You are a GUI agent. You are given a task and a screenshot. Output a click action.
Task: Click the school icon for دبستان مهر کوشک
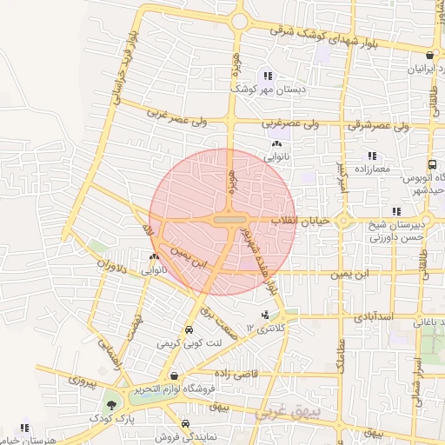[x=268, y=76]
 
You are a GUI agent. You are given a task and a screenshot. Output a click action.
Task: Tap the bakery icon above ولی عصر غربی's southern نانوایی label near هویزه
[x=276, y=144]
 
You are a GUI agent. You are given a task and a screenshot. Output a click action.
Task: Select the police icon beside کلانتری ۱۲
[x=265, y=315]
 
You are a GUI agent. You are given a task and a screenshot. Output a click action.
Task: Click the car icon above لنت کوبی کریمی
[x=189, y=331]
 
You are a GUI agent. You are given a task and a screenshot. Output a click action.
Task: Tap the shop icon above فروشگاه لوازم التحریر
[x=176, y=376]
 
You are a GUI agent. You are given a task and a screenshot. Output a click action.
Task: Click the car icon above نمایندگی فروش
[x=159, y=424]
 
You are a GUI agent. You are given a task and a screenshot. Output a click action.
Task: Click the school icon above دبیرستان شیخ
[x=396, y=211]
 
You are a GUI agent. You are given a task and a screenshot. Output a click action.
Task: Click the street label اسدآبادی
[x=375, y=318]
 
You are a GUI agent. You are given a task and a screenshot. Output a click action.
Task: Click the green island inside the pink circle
[x=229, y=221]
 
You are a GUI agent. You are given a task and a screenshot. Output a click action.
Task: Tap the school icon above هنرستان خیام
[x=24, y=427]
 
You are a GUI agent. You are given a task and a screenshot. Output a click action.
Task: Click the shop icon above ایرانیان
[x=429, y=55]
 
